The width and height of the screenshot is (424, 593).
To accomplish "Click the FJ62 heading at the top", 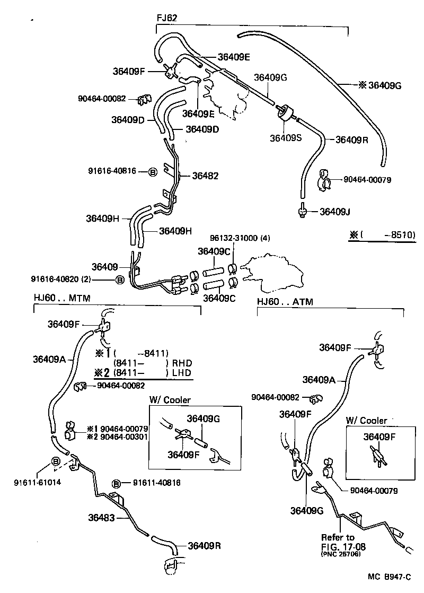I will click(x=166, y=18).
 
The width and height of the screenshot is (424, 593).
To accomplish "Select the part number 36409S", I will click(x=286, y=138).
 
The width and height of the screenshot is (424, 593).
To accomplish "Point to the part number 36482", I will click(x=205, y=176).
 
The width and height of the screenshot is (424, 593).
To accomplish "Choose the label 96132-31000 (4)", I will click(x=240, y=238).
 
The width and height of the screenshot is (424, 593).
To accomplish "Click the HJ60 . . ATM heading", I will click(x=285, y=302).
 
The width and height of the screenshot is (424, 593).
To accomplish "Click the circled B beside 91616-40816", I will click(x=152, y=172).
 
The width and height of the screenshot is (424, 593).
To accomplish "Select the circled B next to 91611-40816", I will click(x=118, y=483).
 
